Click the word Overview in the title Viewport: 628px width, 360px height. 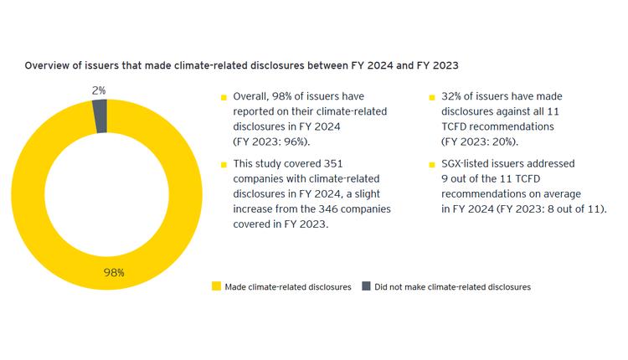point(47,64)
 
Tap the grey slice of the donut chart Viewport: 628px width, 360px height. point(100,116)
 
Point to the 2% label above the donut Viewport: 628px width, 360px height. point(100,90)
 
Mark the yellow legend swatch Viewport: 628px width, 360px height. point(216,286)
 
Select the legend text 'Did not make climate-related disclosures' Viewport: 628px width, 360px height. point(452,287)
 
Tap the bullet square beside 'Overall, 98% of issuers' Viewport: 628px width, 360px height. point(224,98)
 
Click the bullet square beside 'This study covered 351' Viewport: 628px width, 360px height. point(224,165)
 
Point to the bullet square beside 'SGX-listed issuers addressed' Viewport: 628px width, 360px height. point(432,165)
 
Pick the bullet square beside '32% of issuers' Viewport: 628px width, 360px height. point(432,98)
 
